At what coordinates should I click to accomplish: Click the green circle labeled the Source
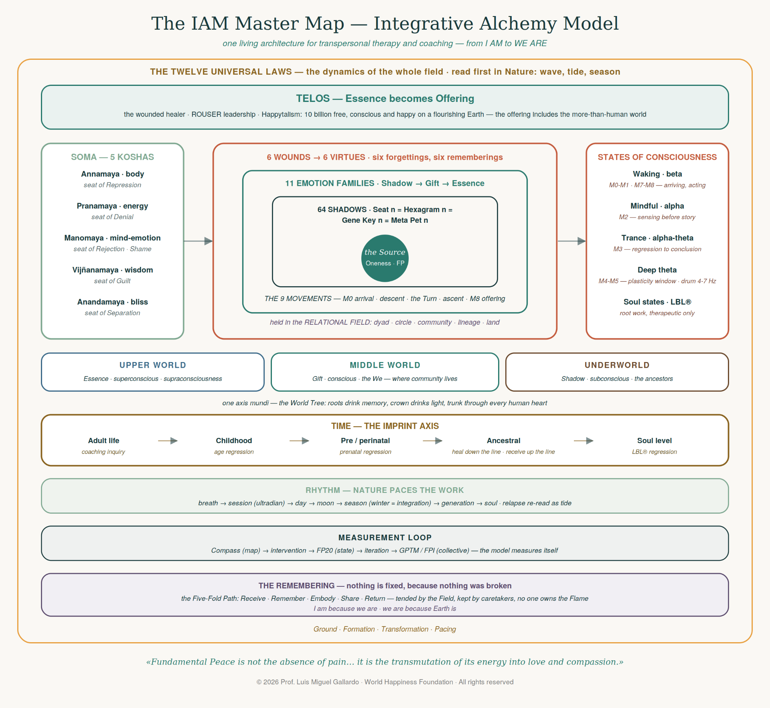tap(385, 258)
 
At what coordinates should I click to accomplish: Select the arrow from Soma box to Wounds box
tap(198, 241)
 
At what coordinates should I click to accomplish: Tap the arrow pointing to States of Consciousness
tap(572, 241)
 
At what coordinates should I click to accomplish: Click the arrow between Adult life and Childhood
tap(168, 441)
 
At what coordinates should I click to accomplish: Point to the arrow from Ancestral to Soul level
tap(584, 441)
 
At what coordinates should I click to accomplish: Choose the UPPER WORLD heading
tap(153, 365)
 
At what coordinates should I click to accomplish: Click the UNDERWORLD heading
tap(617, 365)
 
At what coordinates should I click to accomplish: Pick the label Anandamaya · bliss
tap(113, 302)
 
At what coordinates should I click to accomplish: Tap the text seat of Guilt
tap(112, 281)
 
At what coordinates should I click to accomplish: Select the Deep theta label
tap(657, 270)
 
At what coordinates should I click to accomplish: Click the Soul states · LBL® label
tap(657, 302)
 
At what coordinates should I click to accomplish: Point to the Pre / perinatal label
tap(365, 441)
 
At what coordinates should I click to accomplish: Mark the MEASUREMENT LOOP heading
tap(385, 537)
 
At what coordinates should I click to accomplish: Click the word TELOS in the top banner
tap(313, 98)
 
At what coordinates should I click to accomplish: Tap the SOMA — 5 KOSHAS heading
tap(113, 157)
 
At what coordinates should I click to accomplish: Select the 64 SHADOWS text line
tap(385, 210)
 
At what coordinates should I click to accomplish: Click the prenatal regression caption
tap(365, 452)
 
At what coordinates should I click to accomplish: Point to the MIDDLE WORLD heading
tap(385, 365)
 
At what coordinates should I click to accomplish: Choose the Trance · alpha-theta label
tap(657, 238)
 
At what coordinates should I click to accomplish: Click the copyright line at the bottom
tap(385, 682)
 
